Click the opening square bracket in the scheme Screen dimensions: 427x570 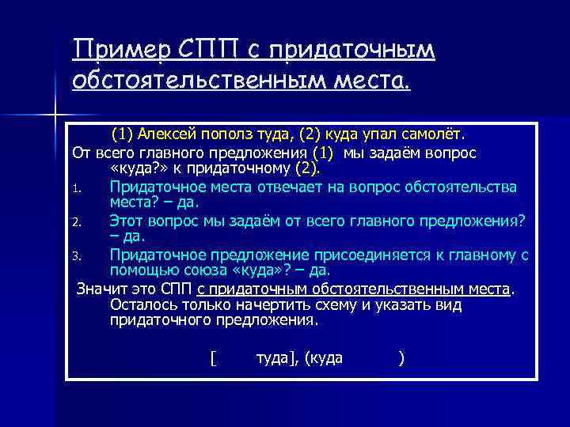[x=213, y=358]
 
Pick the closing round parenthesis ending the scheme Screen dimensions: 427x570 [x=402, y=358]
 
